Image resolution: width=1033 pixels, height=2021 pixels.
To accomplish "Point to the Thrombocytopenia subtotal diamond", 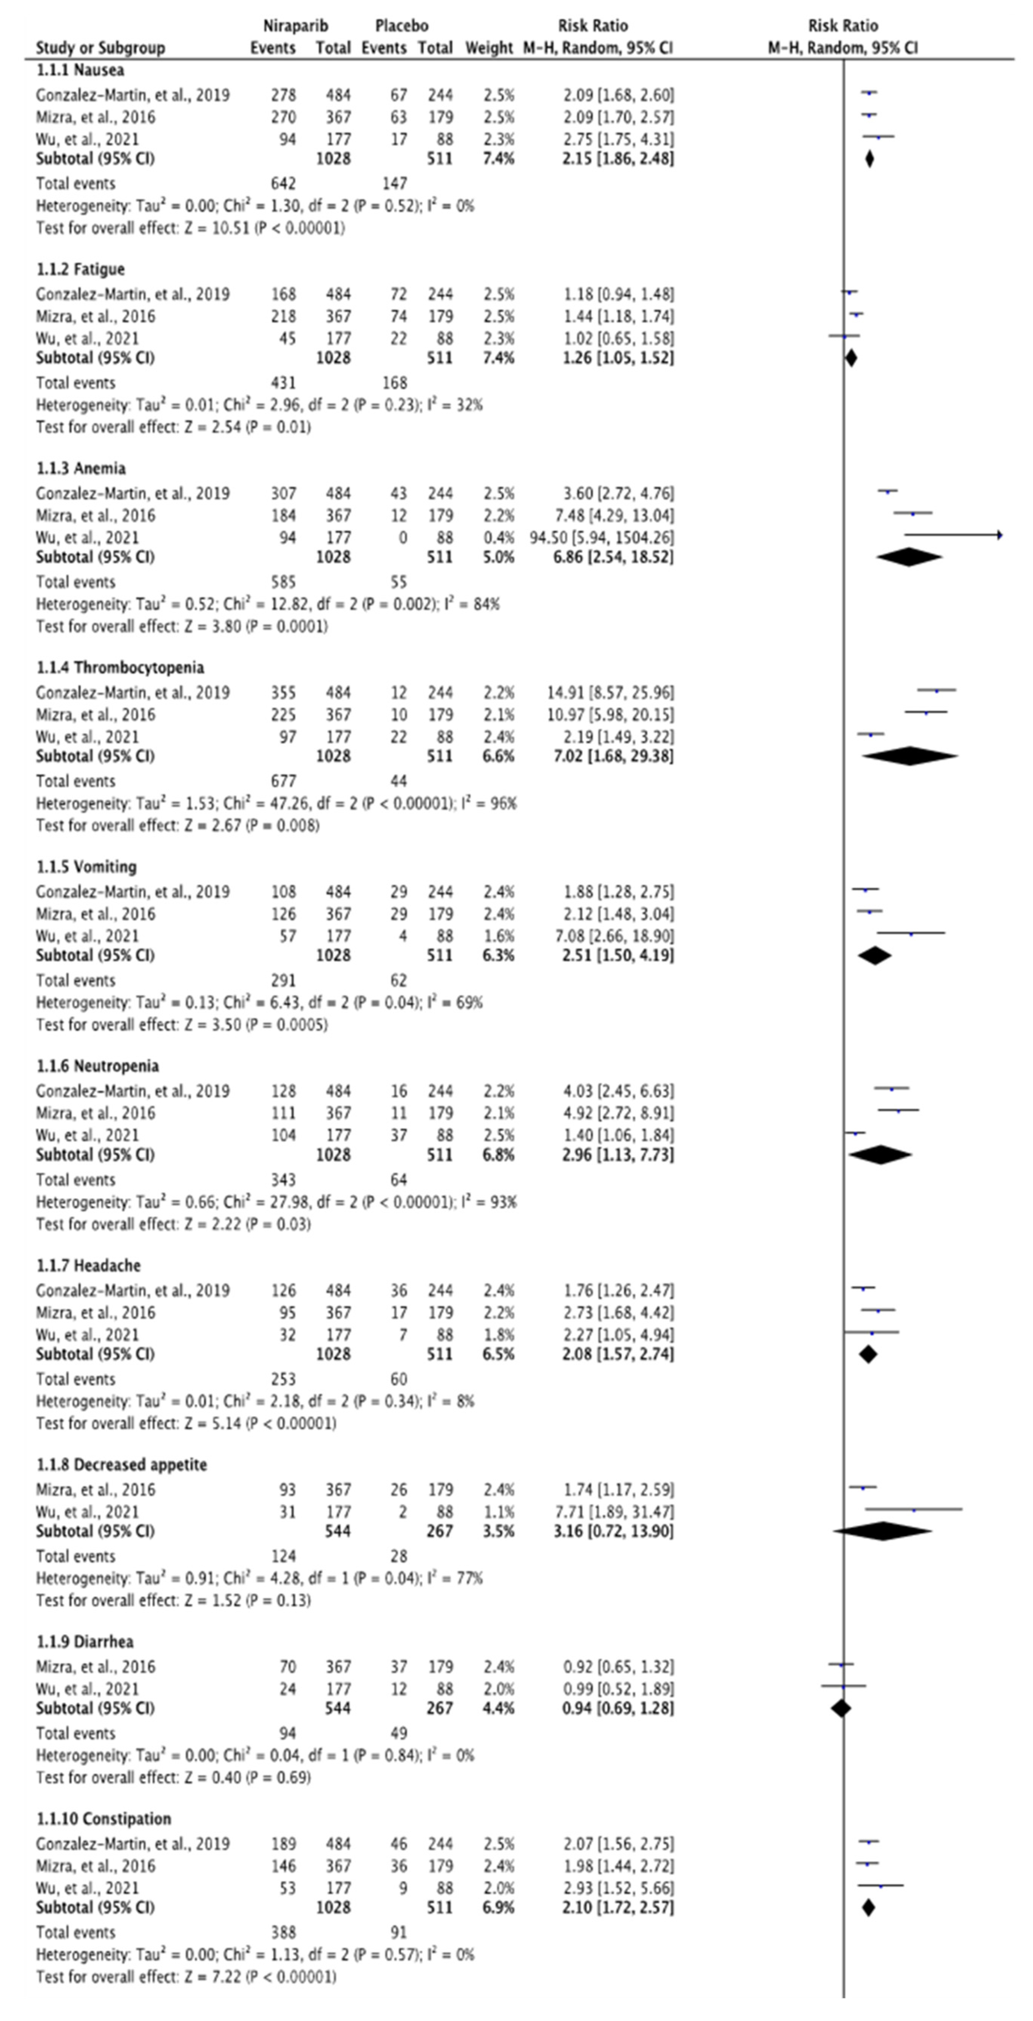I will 910,756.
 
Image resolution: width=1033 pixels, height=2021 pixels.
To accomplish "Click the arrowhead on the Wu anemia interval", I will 999,535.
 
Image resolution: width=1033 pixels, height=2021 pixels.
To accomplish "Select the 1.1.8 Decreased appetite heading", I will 122,1465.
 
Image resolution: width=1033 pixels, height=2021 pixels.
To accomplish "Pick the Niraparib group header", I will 295,26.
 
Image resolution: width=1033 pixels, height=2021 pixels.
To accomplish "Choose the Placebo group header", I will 402,26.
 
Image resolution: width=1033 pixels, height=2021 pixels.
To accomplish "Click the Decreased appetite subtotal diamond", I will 883,1531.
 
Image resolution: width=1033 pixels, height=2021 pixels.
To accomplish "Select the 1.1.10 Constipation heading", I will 103,1819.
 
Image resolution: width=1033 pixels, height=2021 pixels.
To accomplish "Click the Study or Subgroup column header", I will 100,48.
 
